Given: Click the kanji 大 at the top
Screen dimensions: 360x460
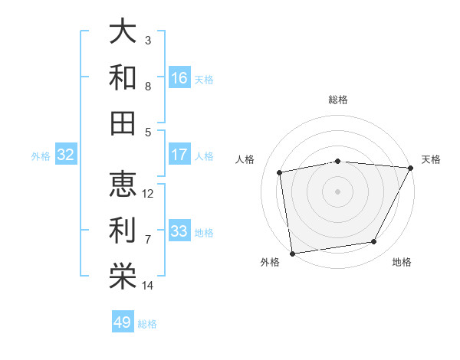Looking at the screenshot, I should pyautogui.click(x=123, y=32).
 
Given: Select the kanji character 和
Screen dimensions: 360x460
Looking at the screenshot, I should pyautogui.click(x=123, y=77).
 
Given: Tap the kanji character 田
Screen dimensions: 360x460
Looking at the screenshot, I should pyautogui.click(x=123, y=123).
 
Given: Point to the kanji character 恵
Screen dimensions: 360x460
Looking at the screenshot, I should pyautogui.click(x=123, y=185).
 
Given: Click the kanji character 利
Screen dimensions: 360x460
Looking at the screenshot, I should pyautogui.click(x=123, y=231).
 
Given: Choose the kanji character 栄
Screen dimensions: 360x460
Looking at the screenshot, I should pyautogui.click(x=123, y=277).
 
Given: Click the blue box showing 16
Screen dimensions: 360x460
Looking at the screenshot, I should pyautogui.click(x=179, y=78).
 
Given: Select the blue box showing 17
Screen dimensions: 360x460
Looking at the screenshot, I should pyautogui.click(x=179, y=155).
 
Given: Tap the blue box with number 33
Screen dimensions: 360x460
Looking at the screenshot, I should pyautogui.click(x=179, y=231).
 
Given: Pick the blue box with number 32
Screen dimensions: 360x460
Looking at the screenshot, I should pyautogui.click(x=65, y=155).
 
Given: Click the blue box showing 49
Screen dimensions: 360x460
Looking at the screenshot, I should pyautogui.click(x=123, y=322).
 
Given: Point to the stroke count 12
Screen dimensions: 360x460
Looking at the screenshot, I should pyautogui.click(x=148, y=193).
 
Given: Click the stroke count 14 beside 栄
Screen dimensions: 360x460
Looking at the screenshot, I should pyautogui.click(x=148, y=286).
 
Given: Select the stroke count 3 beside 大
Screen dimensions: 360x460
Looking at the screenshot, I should pyautogui.click(x=148, y=40).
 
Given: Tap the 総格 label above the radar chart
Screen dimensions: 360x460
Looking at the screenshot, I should pyautogui.click(x=338, y=100).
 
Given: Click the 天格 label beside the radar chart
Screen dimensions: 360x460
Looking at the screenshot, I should pyautogui.click(x=432, y=159).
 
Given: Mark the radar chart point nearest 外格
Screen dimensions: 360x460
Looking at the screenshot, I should pyautogui.click(x=292, y=253).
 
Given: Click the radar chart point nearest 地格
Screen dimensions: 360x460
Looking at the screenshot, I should pyautogui.click(x=374, y=242).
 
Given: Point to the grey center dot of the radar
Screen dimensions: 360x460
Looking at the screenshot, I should pyautogui.click(x=338, y=191).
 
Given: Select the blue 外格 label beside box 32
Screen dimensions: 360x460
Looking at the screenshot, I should pyautogui.click(x=41, y=156).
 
